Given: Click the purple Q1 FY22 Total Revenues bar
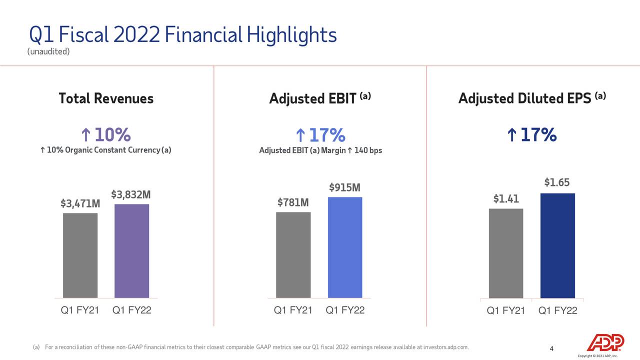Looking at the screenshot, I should (x=131, y=251).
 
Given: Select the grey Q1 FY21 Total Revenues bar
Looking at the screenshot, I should (x=80, y=255).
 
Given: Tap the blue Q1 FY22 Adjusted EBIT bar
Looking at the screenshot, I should (x=345, y=247).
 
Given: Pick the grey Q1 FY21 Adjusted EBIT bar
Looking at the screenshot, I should (x=293, y=255).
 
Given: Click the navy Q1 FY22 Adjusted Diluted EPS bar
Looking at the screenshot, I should (x=557, y=245).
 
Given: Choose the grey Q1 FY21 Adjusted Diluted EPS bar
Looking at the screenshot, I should (x=506, y=253).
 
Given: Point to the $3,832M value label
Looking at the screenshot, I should (x=131, y=194).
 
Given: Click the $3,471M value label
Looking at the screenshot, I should (x=80, y=203).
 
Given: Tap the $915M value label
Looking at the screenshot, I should (x=345, y=187).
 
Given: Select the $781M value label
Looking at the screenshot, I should (x=293, y=202).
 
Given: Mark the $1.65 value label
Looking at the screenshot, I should (x=557, y=183).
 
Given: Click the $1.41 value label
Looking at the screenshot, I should (x=506, y=199).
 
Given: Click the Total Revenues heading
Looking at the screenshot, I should (x=106, y=98).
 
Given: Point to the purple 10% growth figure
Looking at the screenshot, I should (x=106, y=134).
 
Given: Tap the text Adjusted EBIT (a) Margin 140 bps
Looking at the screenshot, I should (x=320, y=150).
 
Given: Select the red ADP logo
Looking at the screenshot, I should (x=605, y=343).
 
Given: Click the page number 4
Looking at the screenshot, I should (x=551, y=348).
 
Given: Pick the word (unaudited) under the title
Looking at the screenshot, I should (x=48, y=51).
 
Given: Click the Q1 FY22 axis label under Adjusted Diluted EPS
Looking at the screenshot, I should (x=557, y=311).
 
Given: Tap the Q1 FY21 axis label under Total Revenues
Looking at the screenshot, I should (x=80, y=310).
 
